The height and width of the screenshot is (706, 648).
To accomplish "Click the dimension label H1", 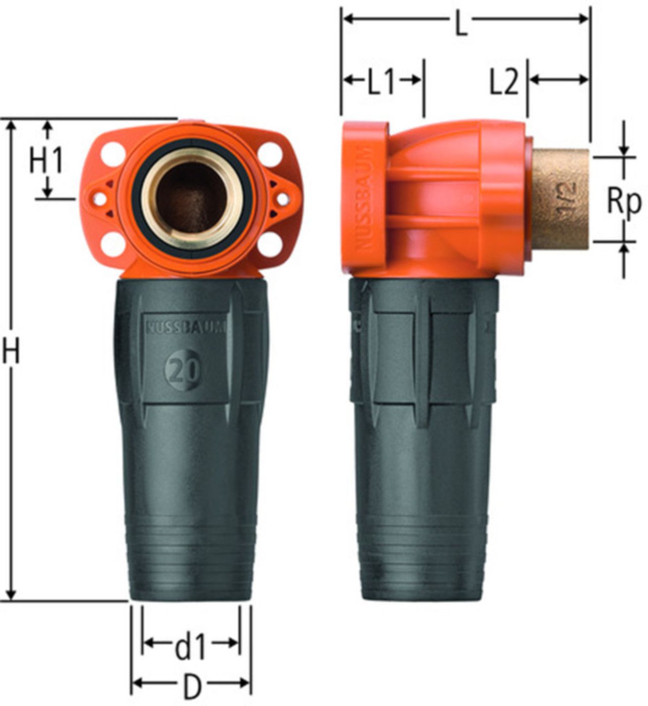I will click(46, 162).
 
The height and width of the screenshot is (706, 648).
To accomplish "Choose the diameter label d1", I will click(190, 648).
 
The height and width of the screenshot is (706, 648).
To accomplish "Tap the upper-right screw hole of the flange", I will click(271, 151).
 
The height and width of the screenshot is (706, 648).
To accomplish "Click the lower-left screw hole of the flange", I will click(113, 245).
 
